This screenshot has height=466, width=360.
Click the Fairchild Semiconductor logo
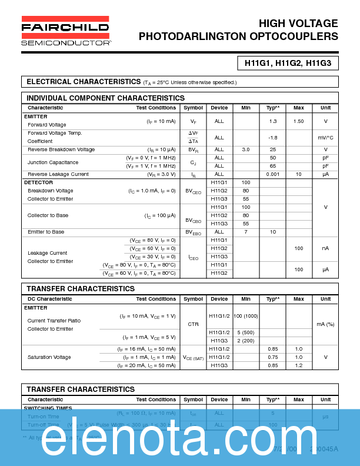click(x=65, y=31)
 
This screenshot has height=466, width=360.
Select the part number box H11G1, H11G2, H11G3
click(x=288, y=62)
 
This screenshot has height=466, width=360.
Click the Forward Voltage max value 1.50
click(x=299, y=121)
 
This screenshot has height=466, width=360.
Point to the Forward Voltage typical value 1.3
click(x=273, y=121)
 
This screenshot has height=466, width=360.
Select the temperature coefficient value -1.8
click(x=273, y=138)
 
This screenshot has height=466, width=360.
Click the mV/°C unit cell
click(x=325, y=138)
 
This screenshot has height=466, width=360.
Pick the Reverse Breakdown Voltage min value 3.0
click(x=246, y=149)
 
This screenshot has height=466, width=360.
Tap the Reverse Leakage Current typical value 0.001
click(x=273, y=174)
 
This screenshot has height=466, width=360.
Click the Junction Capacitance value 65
click(x=273, y=166)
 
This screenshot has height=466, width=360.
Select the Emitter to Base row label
click(x=46, y=232)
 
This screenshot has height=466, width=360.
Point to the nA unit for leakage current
click(x=325, y=248)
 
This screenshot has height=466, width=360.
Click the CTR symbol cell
click(x=193, y=324)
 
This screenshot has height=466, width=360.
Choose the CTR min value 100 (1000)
click(x=246, y=317)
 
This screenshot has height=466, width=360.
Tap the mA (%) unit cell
click(x=325, y=324)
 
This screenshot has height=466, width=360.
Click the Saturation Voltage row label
click(x=49, y=357)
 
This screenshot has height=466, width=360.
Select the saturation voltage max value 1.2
click(x=299, y=365)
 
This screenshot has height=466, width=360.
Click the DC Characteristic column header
click(x=50, y=299)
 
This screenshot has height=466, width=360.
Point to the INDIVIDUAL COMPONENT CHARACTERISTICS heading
click(x=106, y=98)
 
